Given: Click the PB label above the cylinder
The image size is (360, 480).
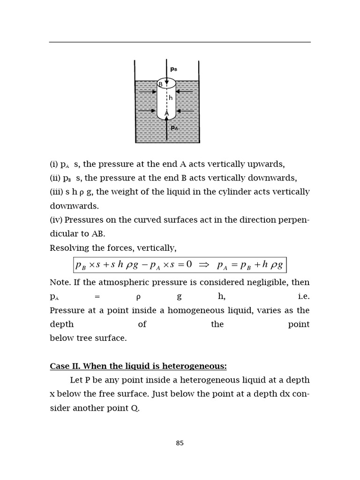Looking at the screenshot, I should point(173,69).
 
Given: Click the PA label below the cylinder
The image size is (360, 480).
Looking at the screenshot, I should point(174,127).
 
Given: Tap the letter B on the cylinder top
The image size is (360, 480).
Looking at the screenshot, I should point(160,84).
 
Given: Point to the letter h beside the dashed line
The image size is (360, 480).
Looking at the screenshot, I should point(171,98).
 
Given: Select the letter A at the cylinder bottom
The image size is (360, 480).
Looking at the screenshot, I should point(166,113).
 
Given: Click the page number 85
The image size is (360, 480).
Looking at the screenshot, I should point(180,443).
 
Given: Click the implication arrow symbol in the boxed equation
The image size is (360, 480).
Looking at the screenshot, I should point(203,265).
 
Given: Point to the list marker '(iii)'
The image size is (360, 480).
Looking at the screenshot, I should point(57,192).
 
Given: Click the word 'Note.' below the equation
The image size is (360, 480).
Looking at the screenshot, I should point(60,283).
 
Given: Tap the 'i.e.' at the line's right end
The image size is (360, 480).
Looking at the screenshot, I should point(303,296).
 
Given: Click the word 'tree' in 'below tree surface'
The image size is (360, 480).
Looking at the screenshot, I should point(79,338).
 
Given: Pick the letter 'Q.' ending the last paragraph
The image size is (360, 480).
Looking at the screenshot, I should point(135,408).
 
